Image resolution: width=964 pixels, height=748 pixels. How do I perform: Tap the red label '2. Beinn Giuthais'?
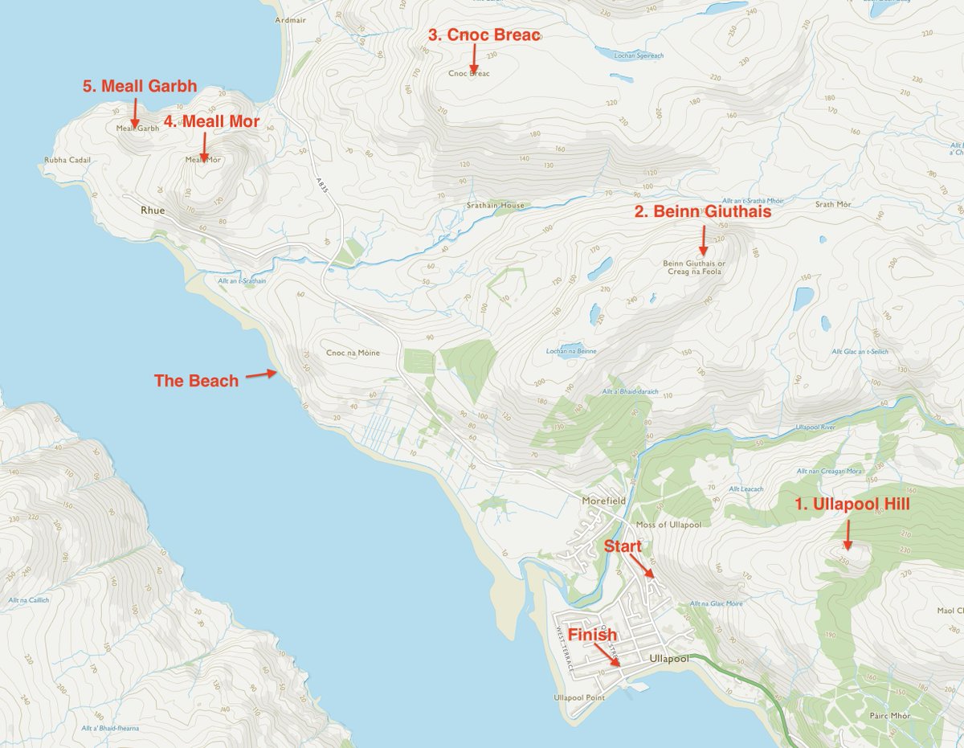703,212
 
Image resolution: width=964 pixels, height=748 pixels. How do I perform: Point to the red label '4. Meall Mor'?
211,121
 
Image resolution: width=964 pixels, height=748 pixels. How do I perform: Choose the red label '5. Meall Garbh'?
141,86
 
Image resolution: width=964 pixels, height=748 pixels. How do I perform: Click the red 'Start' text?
623,546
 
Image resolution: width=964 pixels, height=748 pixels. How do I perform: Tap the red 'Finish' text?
593,635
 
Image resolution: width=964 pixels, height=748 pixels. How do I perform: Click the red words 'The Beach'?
196,381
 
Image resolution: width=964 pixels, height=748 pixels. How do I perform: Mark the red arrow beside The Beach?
261,374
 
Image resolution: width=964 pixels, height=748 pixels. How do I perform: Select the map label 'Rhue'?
153,211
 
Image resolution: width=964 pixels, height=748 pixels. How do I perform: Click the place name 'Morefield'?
604,501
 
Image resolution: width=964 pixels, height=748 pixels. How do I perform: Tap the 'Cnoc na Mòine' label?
353,353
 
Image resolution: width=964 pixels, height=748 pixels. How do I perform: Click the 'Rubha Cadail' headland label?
68,160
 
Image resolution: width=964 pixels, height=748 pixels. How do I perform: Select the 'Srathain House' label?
496,206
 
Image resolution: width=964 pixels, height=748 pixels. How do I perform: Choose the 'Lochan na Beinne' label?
570,352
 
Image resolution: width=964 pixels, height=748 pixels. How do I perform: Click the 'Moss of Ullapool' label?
668,525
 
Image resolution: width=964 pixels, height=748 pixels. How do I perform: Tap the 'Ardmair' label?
290,19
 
